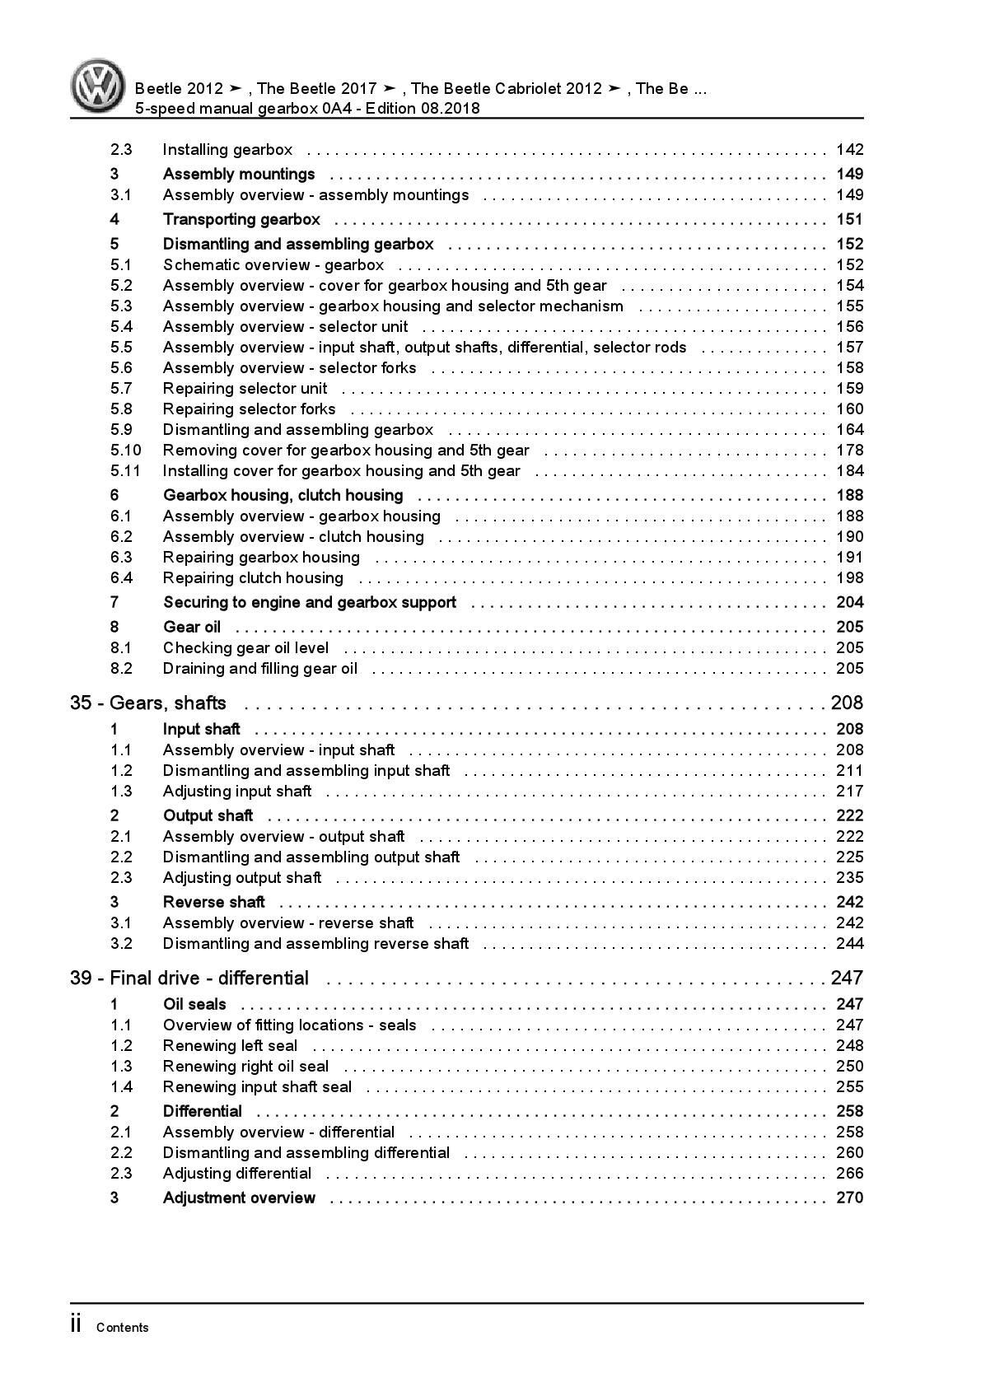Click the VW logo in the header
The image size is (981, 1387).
tap(97, 86)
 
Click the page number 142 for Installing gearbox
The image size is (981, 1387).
tap(849, 150)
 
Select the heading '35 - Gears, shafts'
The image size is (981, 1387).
tap(148, 703)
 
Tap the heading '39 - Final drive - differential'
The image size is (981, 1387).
tap(189, 978)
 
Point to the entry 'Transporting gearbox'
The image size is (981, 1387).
tap(241, 219)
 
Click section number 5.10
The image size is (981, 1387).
tap(125, 451)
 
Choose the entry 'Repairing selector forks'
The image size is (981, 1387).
tap(249, 409)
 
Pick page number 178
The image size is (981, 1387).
tap(849, 451)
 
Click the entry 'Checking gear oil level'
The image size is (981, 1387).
tap(245, 648)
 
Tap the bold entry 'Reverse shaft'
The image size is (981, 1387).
tap(213, 902)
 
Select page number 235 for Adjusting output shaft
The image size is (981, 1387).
tap(849, 878)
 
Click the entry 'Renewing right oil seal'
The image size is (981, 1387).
tap(245, 1067)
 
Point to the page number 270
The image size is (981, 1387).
tap(849, 1198)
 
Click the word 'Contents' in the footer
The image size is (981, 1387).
tap(123, 1328)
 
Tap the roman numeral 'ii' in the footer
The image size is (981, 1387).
tap(76, 1324)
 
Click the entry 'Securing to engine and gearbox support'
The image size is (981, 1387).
tap(309, 603)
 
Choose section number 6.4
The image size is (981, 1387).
tap(121, 578)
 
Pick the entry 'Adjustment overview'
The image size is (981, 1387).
tap(239, 1198)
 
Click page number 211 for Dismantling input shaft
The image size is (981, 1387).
tap(849, 771)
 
